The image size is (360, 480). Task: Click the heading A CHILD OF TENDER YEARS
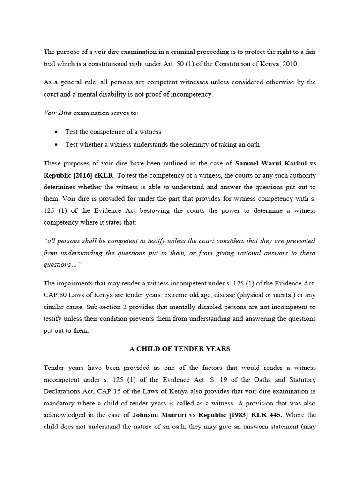click(x=180, y=349)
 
